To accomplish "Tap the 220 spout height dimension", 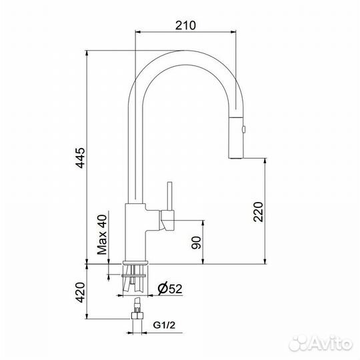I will pos(259,212).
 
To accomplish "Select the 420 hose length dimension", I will pos(80,292).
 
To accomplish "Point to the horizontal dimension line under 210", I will pos(185,32).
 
